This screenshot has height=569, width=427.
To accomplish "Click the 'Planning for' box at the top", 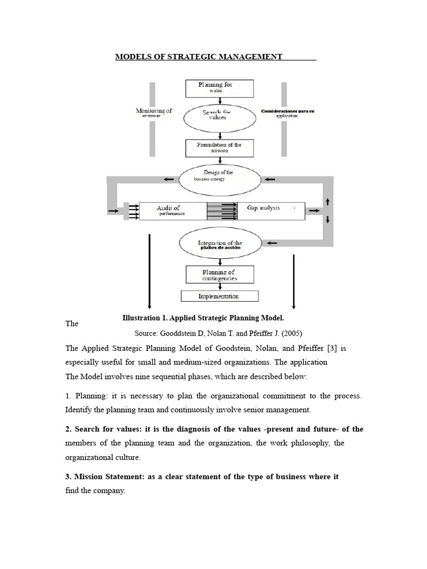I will [x=219, y=88].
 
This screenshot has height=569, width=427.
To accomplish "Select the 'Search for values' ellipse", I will [x=221, y=115].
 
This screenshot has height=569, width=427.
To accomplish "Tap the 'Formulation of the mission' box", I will [x=219, y=147].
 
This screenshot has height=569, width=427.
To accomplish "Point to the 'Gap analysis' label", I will [x=263, y=208].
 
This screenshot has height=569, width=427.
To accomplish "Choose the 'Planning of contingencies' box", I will [x=219, y=274].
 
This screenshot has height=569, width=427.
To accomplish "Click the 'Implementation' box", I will [x=219, y=296].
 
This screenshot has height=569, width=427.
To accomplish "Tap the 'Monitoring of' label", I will [x=154, y=111].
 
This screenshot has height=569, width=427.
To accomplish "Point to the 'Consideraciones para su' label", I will [x=287, y=112].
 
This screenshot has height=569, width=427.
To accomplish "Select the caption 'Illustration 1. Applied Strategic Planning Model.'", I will [x=203, y=318].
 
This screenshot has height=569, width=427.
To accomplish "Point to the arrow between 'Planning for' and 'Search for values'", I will [x=221, y=101].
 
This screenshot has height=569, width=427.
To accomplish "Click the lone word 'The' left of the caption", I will [x=72, y=323].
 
